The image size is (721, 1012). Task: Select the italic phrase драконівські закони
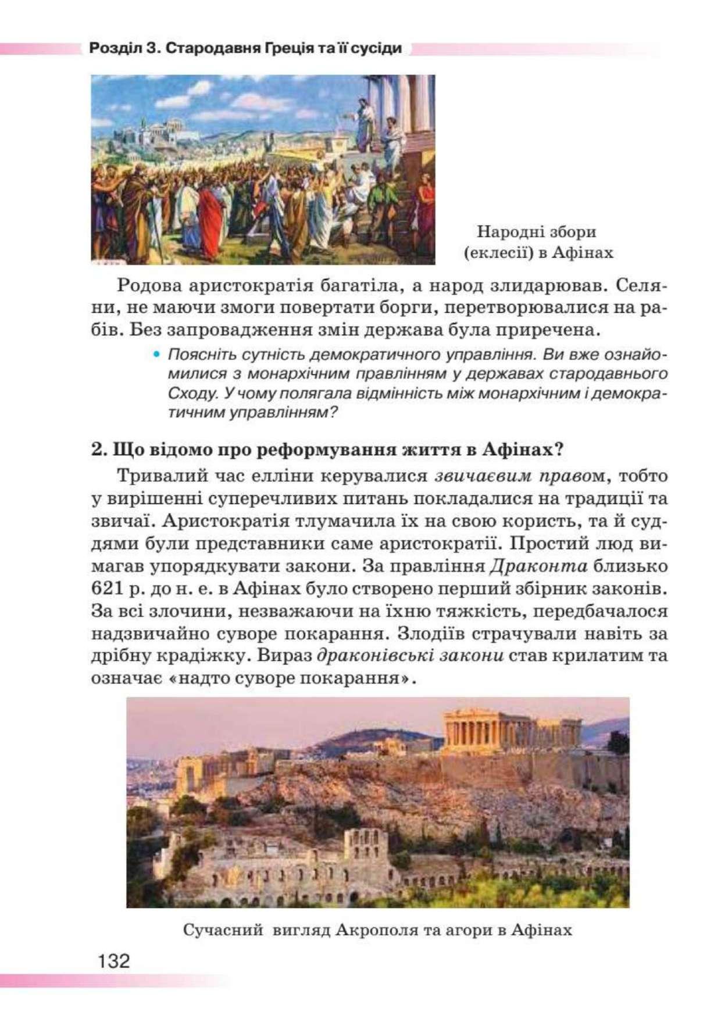click(410, 655)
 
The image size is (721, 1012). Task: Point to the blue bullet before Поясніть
click(155, 353)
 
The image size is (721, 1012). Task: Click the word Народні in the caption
click(503, 232)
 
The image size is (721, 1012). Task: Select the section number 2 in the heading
click(97, 450)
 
